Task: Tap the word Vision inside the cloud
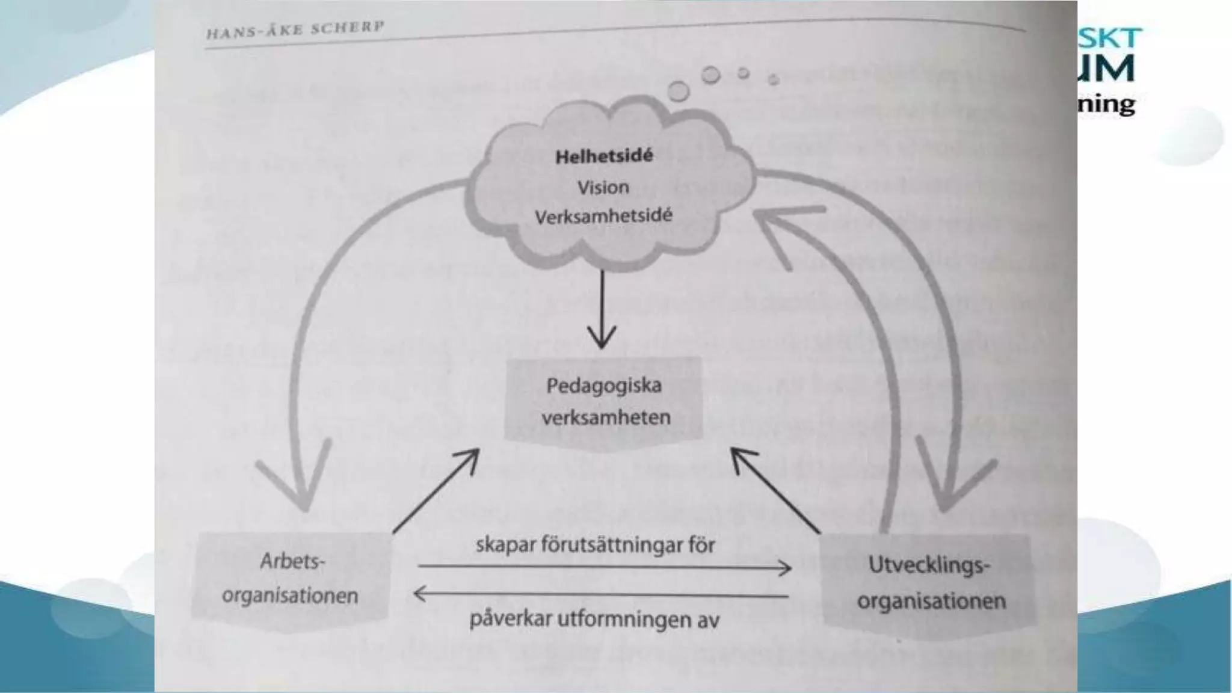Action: (x=603, y=187)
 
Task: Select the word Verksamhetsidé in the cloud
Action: (x=603, y=216)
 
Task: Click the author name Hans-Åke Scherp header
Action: (x=295, y=29)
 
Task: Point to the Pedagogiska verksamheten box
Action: (x=603, y=401)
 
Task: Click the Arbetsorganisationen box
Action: (x=290, y=579)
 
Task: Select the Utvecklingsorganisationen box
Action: (x=930, y=583)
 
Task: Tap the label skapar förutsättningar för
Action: (x=595, y=545)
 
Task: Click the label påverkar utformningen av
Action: (x=594, y=619)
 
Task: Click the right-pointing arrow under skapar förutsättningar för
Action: (x=604, y=567)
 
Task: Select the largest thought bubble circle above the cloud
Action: (x=679, y=91)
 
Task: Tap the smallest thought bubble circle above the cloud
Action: (x=774, y=79)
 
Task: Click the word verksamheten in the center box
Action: (x=606, y=417)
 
